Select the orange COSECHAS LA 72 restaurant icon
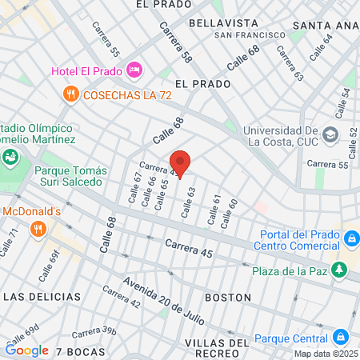point(71,94)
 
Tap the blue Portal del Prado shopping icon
point(350,238)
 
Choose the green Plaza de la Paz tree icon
point(341,268)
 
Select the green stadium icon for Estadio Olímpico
point(10,156)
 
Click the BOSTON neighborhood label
point(229,297)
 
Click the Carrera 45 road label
point(190,248)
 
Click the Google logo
point(27,350)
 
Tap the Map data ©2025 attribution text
point(325,354)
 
